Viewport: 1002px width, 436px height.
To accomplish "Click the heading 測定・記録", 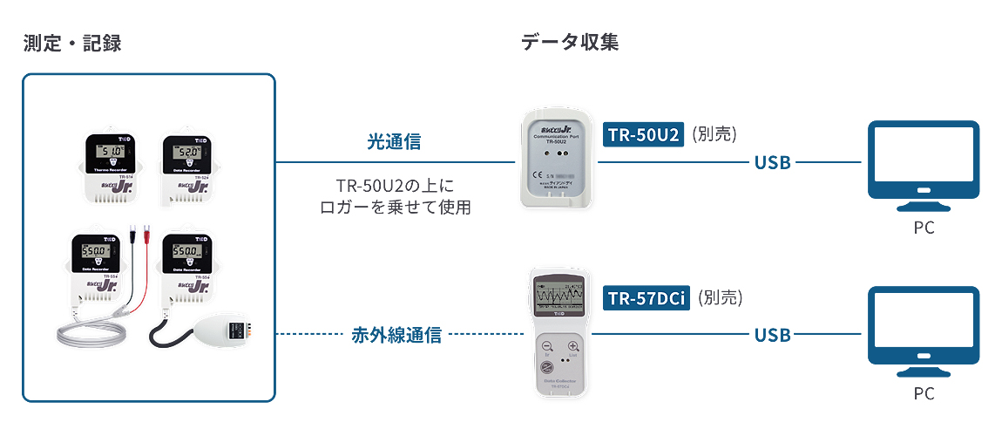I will click(x=71, y=44).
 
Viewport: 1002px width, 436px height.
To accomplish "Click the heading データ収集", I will click(x=570, y=43).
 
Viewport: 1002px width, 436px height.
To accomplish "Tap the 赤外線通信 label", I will click(x=396, y=334).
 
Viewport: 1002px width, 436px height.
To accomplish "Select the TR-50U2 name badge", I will click(x=643, y=134).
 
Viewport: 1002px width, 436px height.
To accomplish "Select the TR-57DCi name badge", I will click(x=647, y=298).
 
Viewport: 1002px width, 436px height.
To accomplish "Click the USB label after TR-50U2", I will click(x=773, y=162).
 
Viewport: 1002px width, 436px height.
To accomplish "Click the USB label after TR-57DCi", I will click(x=773, y=334).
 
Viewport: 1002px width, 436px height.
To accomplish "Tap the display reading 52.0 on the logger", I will click(x=185, y=153).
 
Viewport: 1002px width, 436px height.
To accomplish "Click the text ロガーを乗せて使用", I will click(x=396, y=208).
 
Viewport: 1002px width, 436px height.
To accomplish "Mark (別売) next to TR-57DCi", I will click(x=721, y=298).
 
